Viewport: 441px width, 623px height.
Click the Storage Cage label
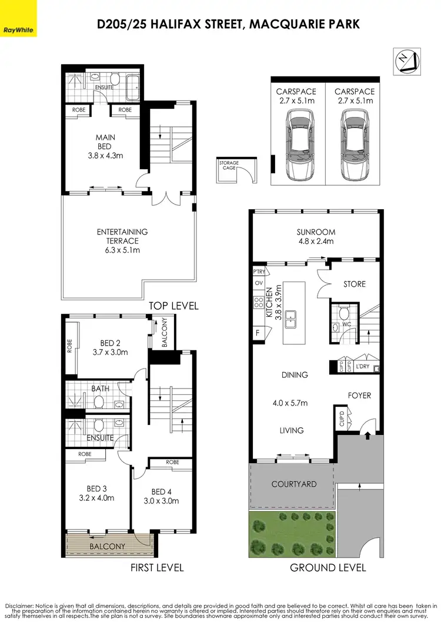pos(228,165)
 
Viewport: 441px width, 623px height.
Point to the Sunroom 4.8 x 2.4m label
pos(315,236)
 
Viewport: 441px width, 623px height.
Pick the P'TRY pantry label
pos(259,272)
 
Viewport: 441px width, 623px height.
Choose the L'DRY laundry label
pos(363,367)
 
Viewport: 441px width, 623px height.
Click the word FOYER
pos(359,396)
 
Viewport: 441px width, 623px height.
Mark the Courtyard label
pos(293,484)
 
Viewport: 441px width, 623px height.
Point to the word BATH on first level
pos(101,388)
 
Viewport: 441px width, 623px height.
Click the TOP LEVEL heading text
pos(173,306)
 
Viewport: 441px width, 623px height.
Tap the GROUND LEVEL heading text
pos(328,567)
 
